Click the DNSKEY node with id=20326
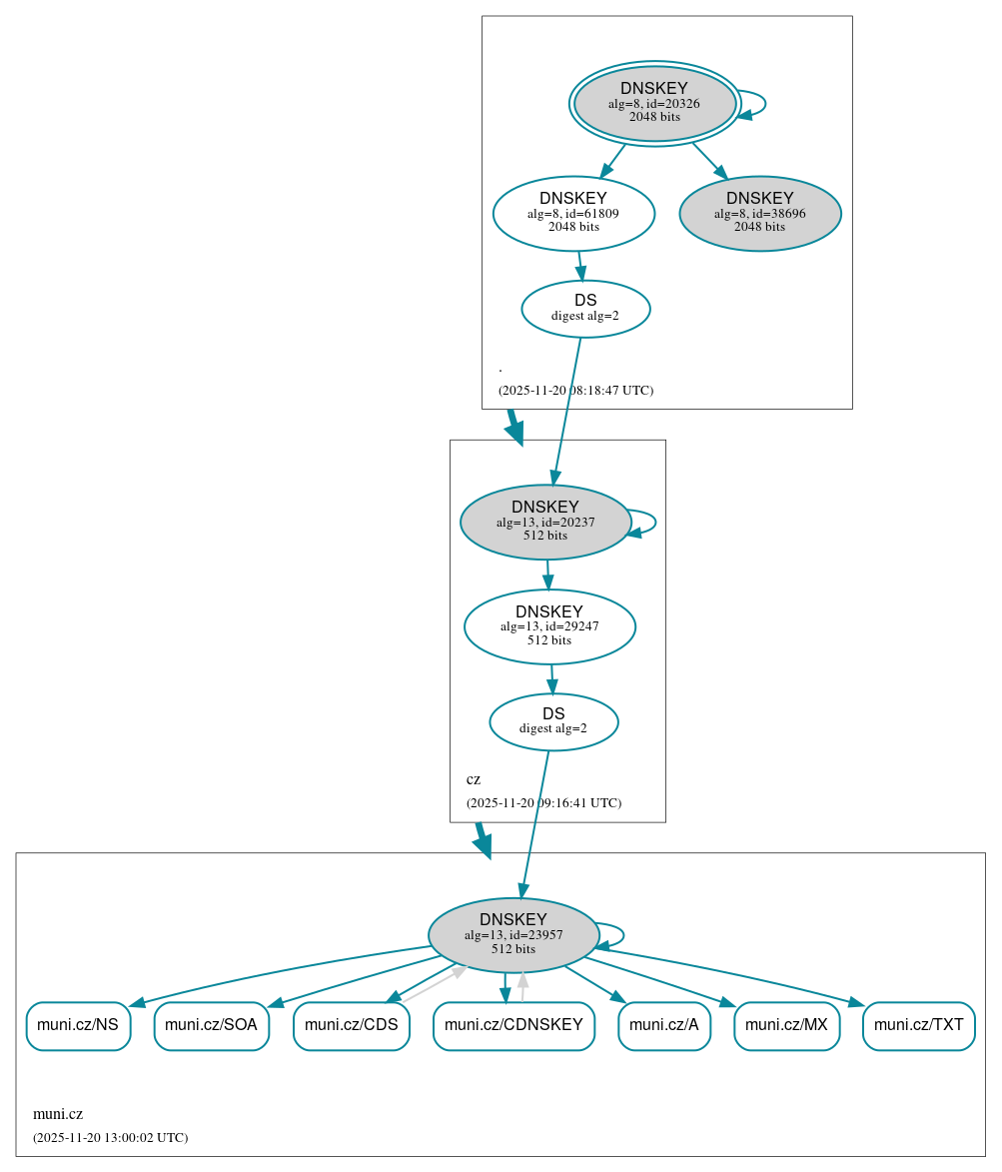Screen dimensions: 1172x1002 [654, 103]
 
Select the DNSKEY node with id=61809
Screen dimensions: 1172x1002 [573, 213]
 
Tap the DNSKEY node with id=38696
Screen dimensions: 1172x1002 [759, 213]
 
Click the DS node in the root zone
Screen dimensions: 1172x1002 [585, 309]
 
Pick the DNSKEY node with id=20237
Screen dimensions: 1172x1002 [544, 522]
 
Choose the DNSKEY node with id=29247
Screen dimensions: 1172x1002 [549, 626]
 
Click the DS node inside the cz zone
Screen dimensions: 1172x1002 [553, 721]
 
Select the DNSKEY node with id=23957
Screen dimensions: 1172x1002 [513, 934]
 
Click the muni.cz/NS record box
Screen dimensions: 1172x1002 [78, 1025]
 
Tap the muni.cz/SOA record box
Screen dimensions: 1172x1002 [211, 1025]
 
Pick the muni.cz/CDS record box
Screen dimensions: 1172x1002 [351, 1025]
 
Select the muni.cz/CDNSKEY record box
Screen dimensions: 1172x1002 [513, 1025]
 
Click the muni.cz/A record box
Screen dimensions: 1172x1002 [663, 1025]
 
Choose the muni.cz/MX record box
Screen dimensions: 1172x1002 [786, 1025]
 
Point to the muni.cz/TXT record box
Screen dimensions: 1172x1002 [918, 1025]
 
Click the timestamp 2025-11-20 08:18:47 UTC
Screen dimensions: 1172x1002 [575, 390]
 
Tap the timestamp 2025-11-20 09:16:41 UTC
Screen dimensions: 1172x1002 [543, 802]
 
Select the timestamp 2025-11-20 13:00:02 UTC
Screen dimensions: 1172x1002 [110, 1137]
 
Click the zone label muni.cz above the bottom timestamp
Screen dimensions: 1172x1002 [58, 1114]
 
